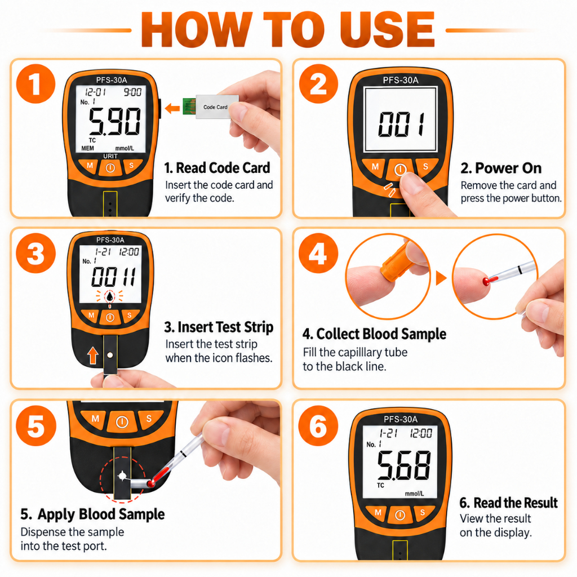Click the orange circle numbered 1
[x=35, y=84]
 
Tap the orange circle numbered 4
[x=318, y=253]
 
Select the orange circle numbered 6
[x=318, y=425]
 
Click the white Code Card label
[x=217, y=106]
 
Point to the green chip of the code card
[x=189, y=106]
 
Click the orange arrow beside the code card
[x=172, y=108]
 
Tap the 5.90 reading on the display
[x=114, y=122]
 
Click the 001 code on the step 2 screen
[x=401, y=125]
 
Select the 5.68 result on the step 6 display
[x=404, y=465]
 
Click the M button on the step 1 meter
[x=90, y=166]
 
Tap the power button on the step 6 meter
[x=400, y=515]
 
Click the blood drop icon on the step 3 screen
[x=110, y=296]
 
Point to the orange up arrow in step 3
[x=93, y=356]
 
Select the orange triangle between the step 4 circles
[x=441, y=278]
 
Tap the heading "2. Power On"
[x=501, y=168]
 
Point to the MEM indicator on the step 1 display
[x=87, y=148]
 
